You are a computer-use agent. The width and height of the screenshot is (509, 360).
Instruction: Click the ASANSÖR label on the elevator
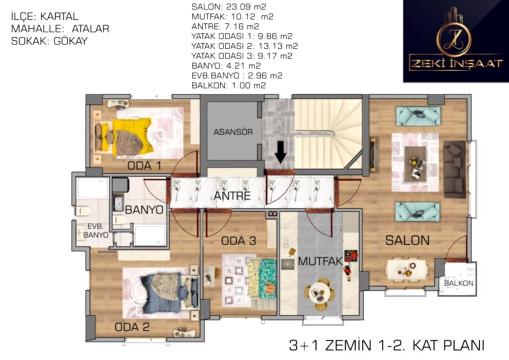coord(233,132)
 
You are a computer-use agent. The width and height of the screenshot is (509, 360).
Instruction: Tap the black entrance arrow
coord(280,152)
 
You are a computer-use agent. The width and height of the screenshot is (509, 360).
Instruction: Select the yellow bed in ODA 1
coord(123,137)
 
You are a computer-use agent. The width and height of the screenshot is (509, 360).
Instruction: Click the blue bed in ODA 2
coord(169,293)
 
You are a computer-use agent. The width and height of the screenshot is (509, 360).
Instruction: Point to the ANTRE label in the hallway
coord(232,196)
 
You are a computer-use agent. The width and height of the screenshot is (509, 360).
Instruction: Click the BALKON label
coord(458,283)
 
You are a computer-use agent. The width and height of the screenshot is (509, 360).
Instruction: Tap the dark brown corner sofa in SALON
coord(454,169)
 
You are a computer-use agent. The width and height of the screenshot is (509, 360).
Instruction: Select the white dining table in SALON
coord(407,270)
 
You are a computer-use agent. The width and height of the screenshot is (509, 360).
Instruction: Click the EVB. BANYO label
coord(95,231)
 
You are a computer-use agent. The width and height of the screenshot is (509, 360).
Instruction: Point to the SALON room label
coord(407,240)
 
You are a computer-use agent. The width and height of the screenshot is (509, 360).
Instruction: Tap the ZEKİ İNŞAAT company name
coord(456,63)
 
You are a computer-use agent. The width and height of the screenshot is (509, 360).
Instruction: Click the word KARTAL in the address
coord(59,16)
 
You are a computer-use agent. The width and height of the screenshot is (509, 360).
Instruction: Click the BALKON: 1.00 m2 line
coord(229,86)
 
